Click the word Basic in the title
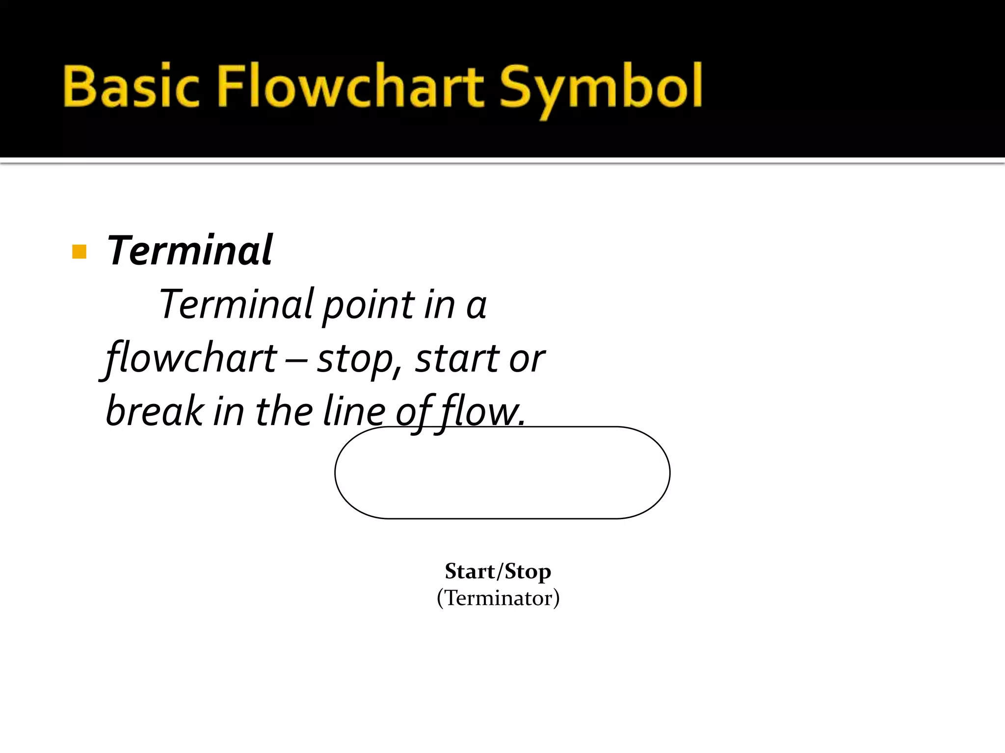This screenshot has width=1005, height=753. (x=132, y=87)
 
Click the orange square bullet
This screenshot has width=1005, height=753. (x=79, y=251)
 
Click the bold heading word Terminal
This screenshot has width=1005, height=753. (x=189, y=251)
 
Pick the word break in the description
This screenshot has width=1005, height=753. (x=155, y=411)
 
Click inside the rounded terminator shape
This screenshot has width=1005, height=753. (x=502, y=473)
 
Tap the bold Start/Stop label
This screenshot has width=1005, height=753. (x=498, y=572)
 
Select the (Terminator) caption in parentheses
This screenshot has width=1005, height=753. (x=498, y=598)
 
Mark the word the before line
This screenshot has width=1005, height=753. (x=284, y=411)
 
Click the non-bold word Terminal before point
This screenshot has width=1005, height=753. (x=236, y=304)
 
